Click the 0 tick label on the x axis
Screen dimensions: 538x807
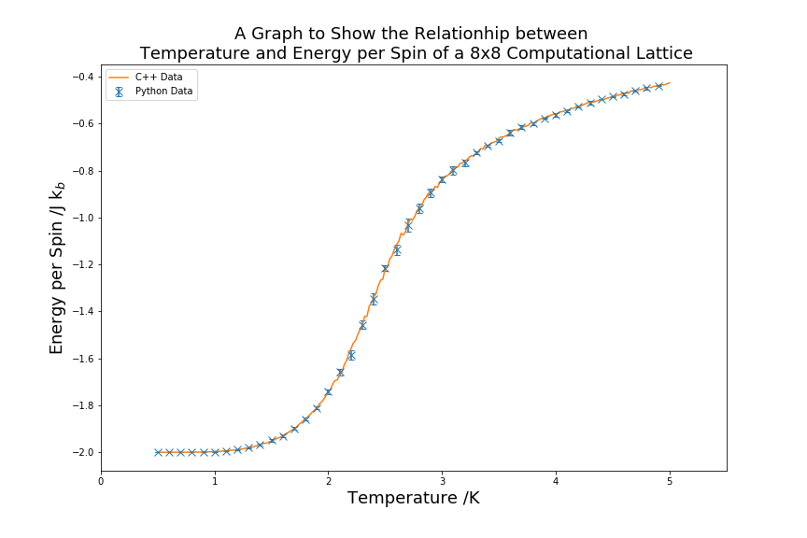click(x=101, y=482)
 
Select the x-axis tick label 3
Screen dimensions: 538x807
click(x=442, y=482)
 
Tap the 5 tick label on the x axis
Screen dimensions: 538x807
click(x=670, y=482)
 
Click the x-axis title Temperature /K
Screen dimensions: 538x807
click(x=414, y=499)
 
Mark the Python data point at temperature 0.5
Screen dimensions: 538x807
click(x=158, y=452)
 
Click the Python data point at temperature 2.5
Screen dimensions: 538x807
click(x=385, y=268)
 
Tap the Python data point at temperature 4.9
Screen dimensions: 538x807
click(x=658, y=86)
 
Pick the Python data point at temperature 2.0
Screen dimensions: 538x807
click(x=328, y=391)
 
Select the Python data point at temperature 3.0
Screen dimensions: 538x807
click(x=442, y=179)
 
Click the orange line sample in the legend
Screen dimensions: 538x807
click(x=119, y=76)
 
